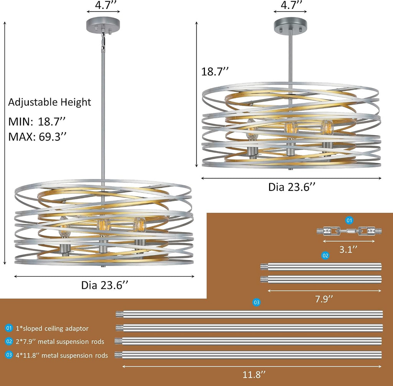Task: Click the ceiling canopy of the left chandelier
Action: (103, 24)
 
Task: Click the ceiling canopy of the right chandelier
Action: (290, 24)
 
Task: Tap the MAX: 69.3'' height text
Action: (37, 137)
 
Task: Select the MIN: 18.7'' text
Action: (37, 122)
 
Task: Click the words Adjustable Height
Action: (50, 102)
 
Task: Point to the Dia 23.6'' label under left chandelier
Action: (104, 285)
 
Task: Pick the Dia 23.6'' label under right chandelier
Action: (292, 187)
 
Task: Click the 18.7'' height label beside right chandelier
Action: (215, 71)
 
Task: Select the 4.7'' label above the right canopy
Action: (291, 5)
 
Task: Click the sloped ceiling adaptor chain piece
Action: (349, 231)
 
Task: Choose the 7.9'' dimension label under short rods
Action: (324, 299)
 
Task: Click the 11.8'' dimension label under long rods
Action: (254, 374)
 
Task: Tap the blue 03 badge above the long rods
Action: (256, 303)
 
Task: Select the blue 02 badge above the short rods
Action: (325, 255)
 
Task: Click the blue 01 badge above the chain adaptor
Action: (349, 220)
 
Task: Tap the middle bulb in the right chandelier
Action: (291, 128)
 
